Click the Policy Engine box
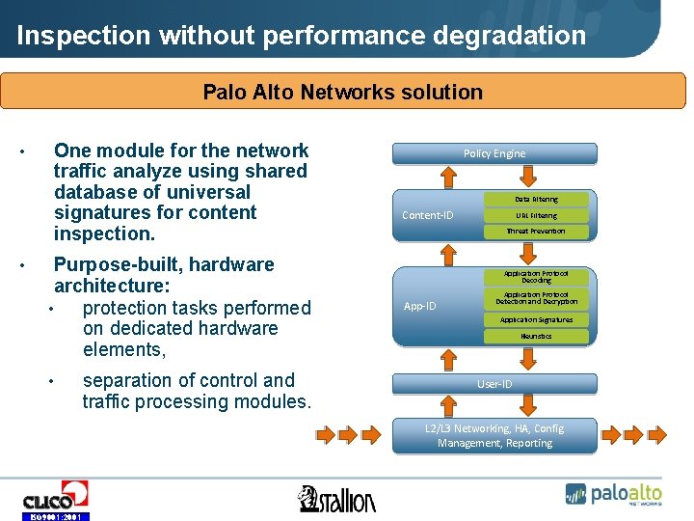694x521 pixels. click(494, 153)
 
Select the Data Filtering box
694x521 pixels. click(536, 200)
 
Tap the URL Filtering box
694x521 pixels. click(536, 215)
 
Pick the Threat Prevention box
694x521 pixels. click(536, 232)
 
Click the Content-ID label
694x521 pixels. click(427, 215)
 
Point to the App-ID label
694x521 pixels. click(419, 306)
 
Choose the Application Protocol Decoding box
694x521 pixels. click(536, 277)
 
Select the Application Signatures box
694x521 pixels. click(536, 319)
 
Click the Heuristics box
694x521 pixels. click(536, 336)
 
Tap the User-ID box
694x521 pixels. click(494, 384)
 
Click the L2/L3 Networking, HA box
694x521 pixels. click(494, 436)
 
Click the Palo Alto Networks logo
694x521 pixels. click(613, 493)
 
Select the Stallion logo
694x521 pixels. click(337, 499)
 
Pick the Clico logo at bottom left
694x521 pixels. click(55, 499)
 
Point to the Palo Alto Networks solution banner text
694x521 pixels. click(342, 93)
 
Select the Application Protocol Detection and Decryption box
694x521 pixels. click(536, 298)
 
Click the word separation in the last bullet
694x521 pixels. click(132, 380)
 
